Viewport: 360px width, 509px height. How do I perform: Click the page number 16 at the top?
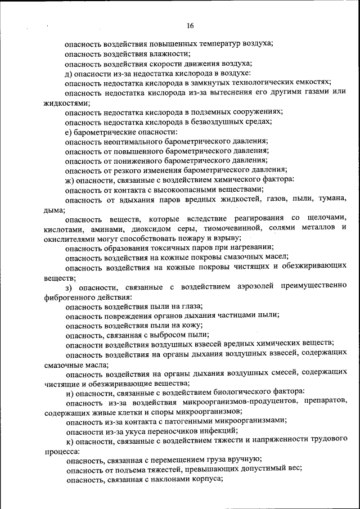coord(190,25)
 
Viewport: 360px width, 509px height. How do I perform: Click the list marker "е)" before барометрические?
coord(69,131)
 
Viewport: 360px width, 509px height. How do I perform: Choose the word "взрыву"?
coord(228,236)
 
